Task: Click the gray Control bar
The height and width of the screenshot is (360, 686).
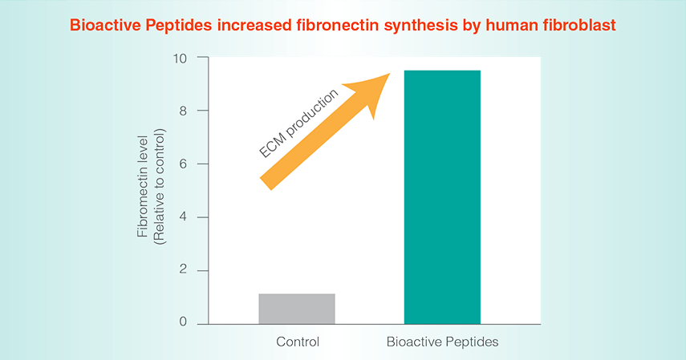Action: [297, 309]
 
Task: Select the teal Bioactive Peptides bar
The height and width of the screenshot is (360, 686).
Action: [442, 197]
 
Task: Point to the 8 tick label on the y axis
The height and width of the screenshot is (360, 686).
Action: [183, 111]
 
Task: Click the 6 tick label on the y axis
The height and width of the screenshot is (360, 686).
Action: [183, 164]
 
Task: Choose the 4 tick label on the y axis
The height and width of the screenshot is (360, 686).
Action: [183, 217]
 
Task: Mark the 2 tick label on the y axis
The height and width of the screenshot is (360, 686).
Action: [183, 270]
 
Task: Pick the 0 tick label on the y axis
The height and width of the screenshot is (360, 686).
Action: [183, 322]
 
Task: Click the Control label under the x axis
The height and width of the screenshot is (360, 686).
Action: [298, 342]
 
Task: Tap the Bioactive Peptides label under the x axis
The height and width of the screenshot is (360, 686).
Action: [442, 342]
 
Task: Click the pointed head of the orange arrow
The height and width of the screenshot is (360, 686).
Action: [390, 74]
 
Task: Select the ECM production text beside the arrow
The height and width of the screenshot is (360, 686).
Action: [298, 123]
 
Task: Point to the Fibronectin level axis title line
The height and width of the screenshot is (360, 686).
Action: [143, 186]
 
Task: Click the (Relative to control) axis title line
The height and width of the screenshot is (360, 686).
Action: [159, 186]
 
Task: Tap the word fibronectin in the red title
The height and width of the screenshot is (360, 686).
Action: [338, 26]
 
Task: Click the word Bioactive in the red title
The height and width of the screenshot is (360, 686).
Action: [105, 26]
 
